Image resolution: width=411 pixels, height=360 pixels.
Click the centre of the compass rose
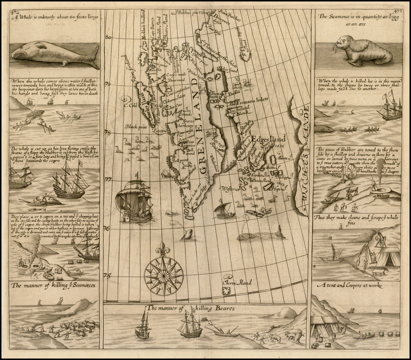pos(163,275)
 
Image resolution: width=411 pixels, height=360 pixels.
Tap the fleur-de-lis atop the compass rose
pos(163,249)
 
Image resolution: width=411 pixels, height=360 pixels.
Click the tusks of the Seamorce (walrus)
pos(335,49)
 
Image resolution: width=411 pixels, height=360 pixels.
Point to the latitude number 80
pos(108,37)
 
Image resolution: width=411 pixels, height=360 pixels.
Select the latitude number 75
pos(107,276)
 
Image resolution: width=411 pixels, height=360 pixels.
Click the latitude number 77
pos(107,179)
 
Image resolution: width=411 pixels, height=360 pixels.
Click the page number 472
pos(16,11)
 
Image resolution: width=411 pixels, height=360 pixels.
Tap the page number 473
pos(398,11)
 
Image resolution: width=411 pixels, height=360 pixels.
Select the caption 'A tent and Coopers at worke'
pos(349,285)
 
